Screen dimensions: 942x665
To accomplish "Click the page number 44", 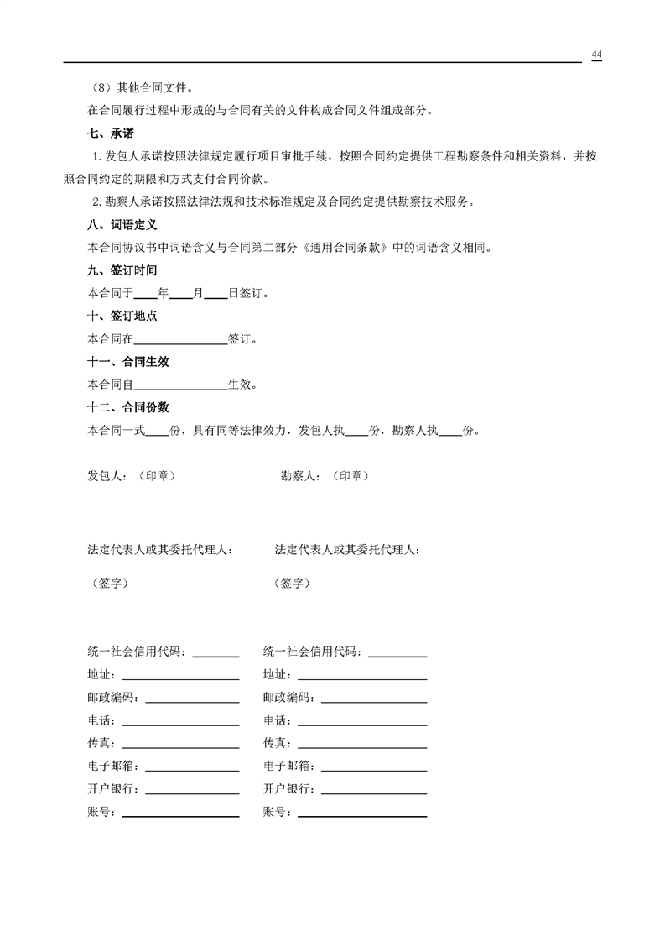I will point(596,55).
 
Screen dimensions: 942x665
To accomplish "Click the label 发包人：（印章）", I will point(132,476).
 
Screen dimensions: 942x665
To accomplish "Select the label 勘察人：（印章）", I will point(325,476).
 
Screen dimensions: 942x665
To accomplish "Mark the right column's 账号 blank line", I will point(362,815).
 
